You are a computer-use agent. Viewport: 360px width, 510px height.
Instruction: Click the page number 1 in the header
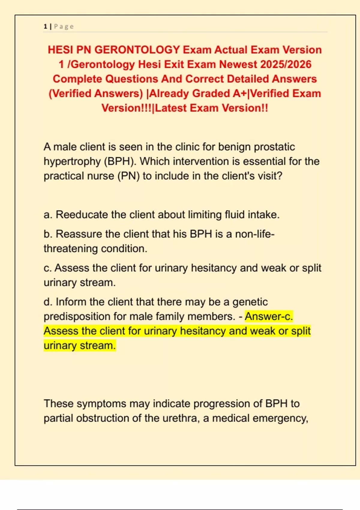pos(45,26)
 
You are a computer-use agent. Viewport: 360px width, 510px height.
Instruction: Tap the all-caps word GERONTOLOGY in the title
pos(137,50)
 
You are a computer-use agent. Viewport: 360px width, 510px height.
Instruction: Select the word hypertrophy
pos(72,162)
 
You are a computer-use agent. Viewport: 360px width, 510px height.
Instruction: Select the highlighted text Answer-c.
pos(269,316)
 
